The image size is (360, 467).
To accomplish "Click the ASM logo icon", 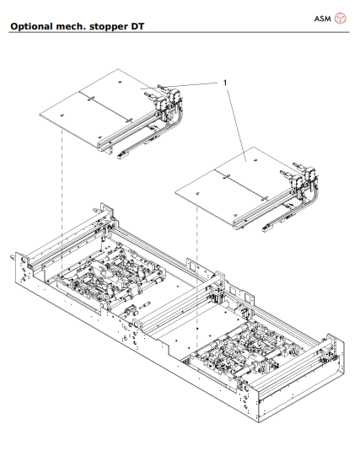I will [x=341, y=17].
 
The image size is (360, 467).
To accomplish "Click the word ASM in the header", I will [x=321, y=17].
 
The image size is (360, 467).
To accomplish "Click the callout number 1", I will [x=225, y=82].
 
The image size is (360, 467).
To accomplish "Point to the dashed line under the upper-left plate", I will [x=62, y=194].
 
